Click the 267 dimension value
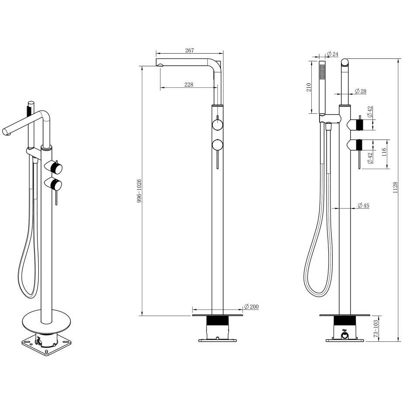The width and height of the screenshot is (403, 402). point(189,50)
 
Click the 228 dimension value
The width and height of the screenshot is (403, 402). point(189,85)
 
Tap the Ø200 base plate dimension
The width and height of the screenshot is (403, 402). point(251,307)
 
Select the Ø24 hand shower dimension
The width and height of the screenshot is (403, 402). point(332,54)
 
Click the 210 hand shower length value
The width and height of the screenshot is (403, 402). point(309,87)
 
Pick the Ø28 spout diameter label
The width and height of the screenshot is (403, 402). point(361,91)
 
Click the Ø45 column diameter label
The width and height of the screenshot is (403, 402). point(363,205)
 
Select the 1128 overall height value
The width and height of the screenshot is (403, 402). point(395,187)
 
